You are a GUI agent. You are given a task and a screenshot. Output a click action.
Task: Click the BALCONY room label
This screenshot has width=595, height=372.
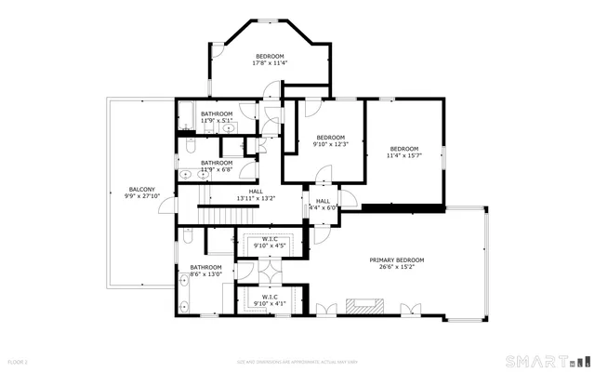coord(142,189)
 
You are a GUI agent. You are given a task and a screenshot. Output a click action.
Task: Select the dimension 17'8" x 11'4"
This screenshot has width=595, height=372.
coord(271,63)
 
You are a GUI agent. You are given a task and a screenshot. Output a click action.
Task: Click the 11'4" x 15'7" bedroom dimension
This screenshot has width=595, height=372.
coord(404,155)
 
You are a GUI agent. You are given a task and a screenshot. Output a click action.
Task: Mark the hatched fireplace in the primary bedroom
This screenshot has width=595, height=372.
coord(363,305)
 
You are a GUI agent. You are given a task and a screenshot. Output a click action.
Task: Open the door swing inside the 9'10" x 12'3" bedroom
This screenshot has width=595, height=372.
coord(323,175)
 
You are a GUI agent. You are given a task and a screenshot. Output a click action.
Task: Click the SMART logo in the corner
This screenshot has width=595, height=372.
coord(545,360)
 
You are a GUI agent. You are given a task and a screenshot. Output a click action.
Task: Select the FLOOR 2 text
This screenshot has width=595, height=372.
coord(18,360)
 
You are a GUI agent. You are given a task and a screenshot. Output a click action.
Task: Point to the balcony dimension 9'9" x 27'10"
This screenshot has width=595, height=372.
coord(142,195)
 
